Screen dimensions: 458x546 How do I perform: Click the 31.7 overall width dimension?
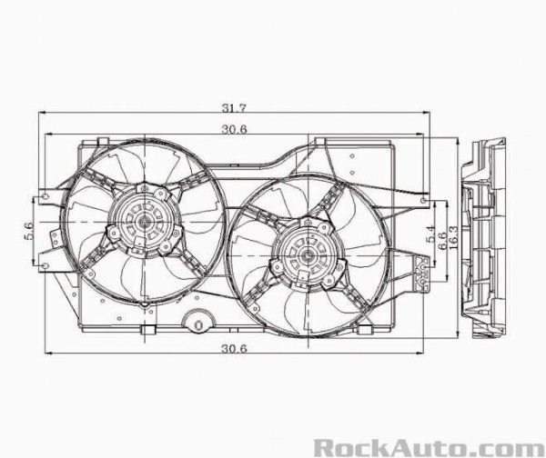[239, 107]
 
